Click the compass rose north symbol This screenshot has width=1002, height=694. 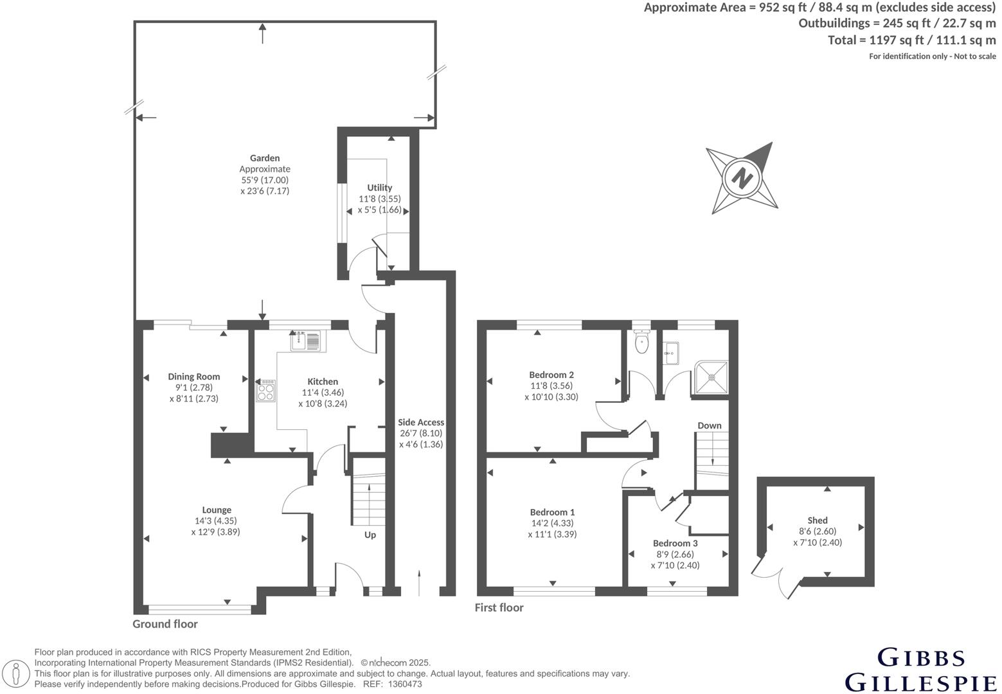pyautogui.click(x=742, y=177)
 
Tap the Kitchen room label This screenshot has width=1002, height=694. pyautogui.click(x=322, y=382)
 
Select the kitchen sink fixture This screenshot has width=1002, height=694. pyautogui.click(x=306, y=341)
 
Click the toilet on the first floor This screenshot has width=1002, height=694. pyautogui.click(x=641, y=344)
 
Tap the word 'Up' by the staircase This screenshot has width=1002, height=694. pyautogui.click(x=370, y=535)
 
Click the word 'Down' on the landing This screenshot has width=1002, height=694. pyautogui.click(x=709, y=425)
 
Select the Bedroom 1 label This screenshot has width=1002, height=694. pyautogui.click(x=552, y=512)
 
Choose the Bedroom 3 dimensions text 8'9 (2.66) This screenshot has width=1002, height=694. pyautogui.click(x=675, y=555)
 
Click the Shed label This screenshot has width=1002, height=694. pyautogui.click(x=818, y=520)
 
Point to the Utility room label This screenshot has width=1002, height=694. pyautogui.click(x=379, y=188)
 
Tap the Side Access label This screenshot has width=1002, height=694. pyautogui.click(x=421, y=422)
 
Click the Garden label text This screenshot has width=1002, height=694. pyautogui.click(x=265, y=158)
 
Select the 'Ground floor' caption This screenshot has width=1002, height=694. pyautogui.click(x=165, y=624)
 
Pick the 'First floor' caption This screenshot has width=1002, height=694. pyautogui.click(x=499, y=607)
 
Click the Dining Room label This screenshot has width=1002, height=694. pyautogui.click(x=194, y=377)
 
